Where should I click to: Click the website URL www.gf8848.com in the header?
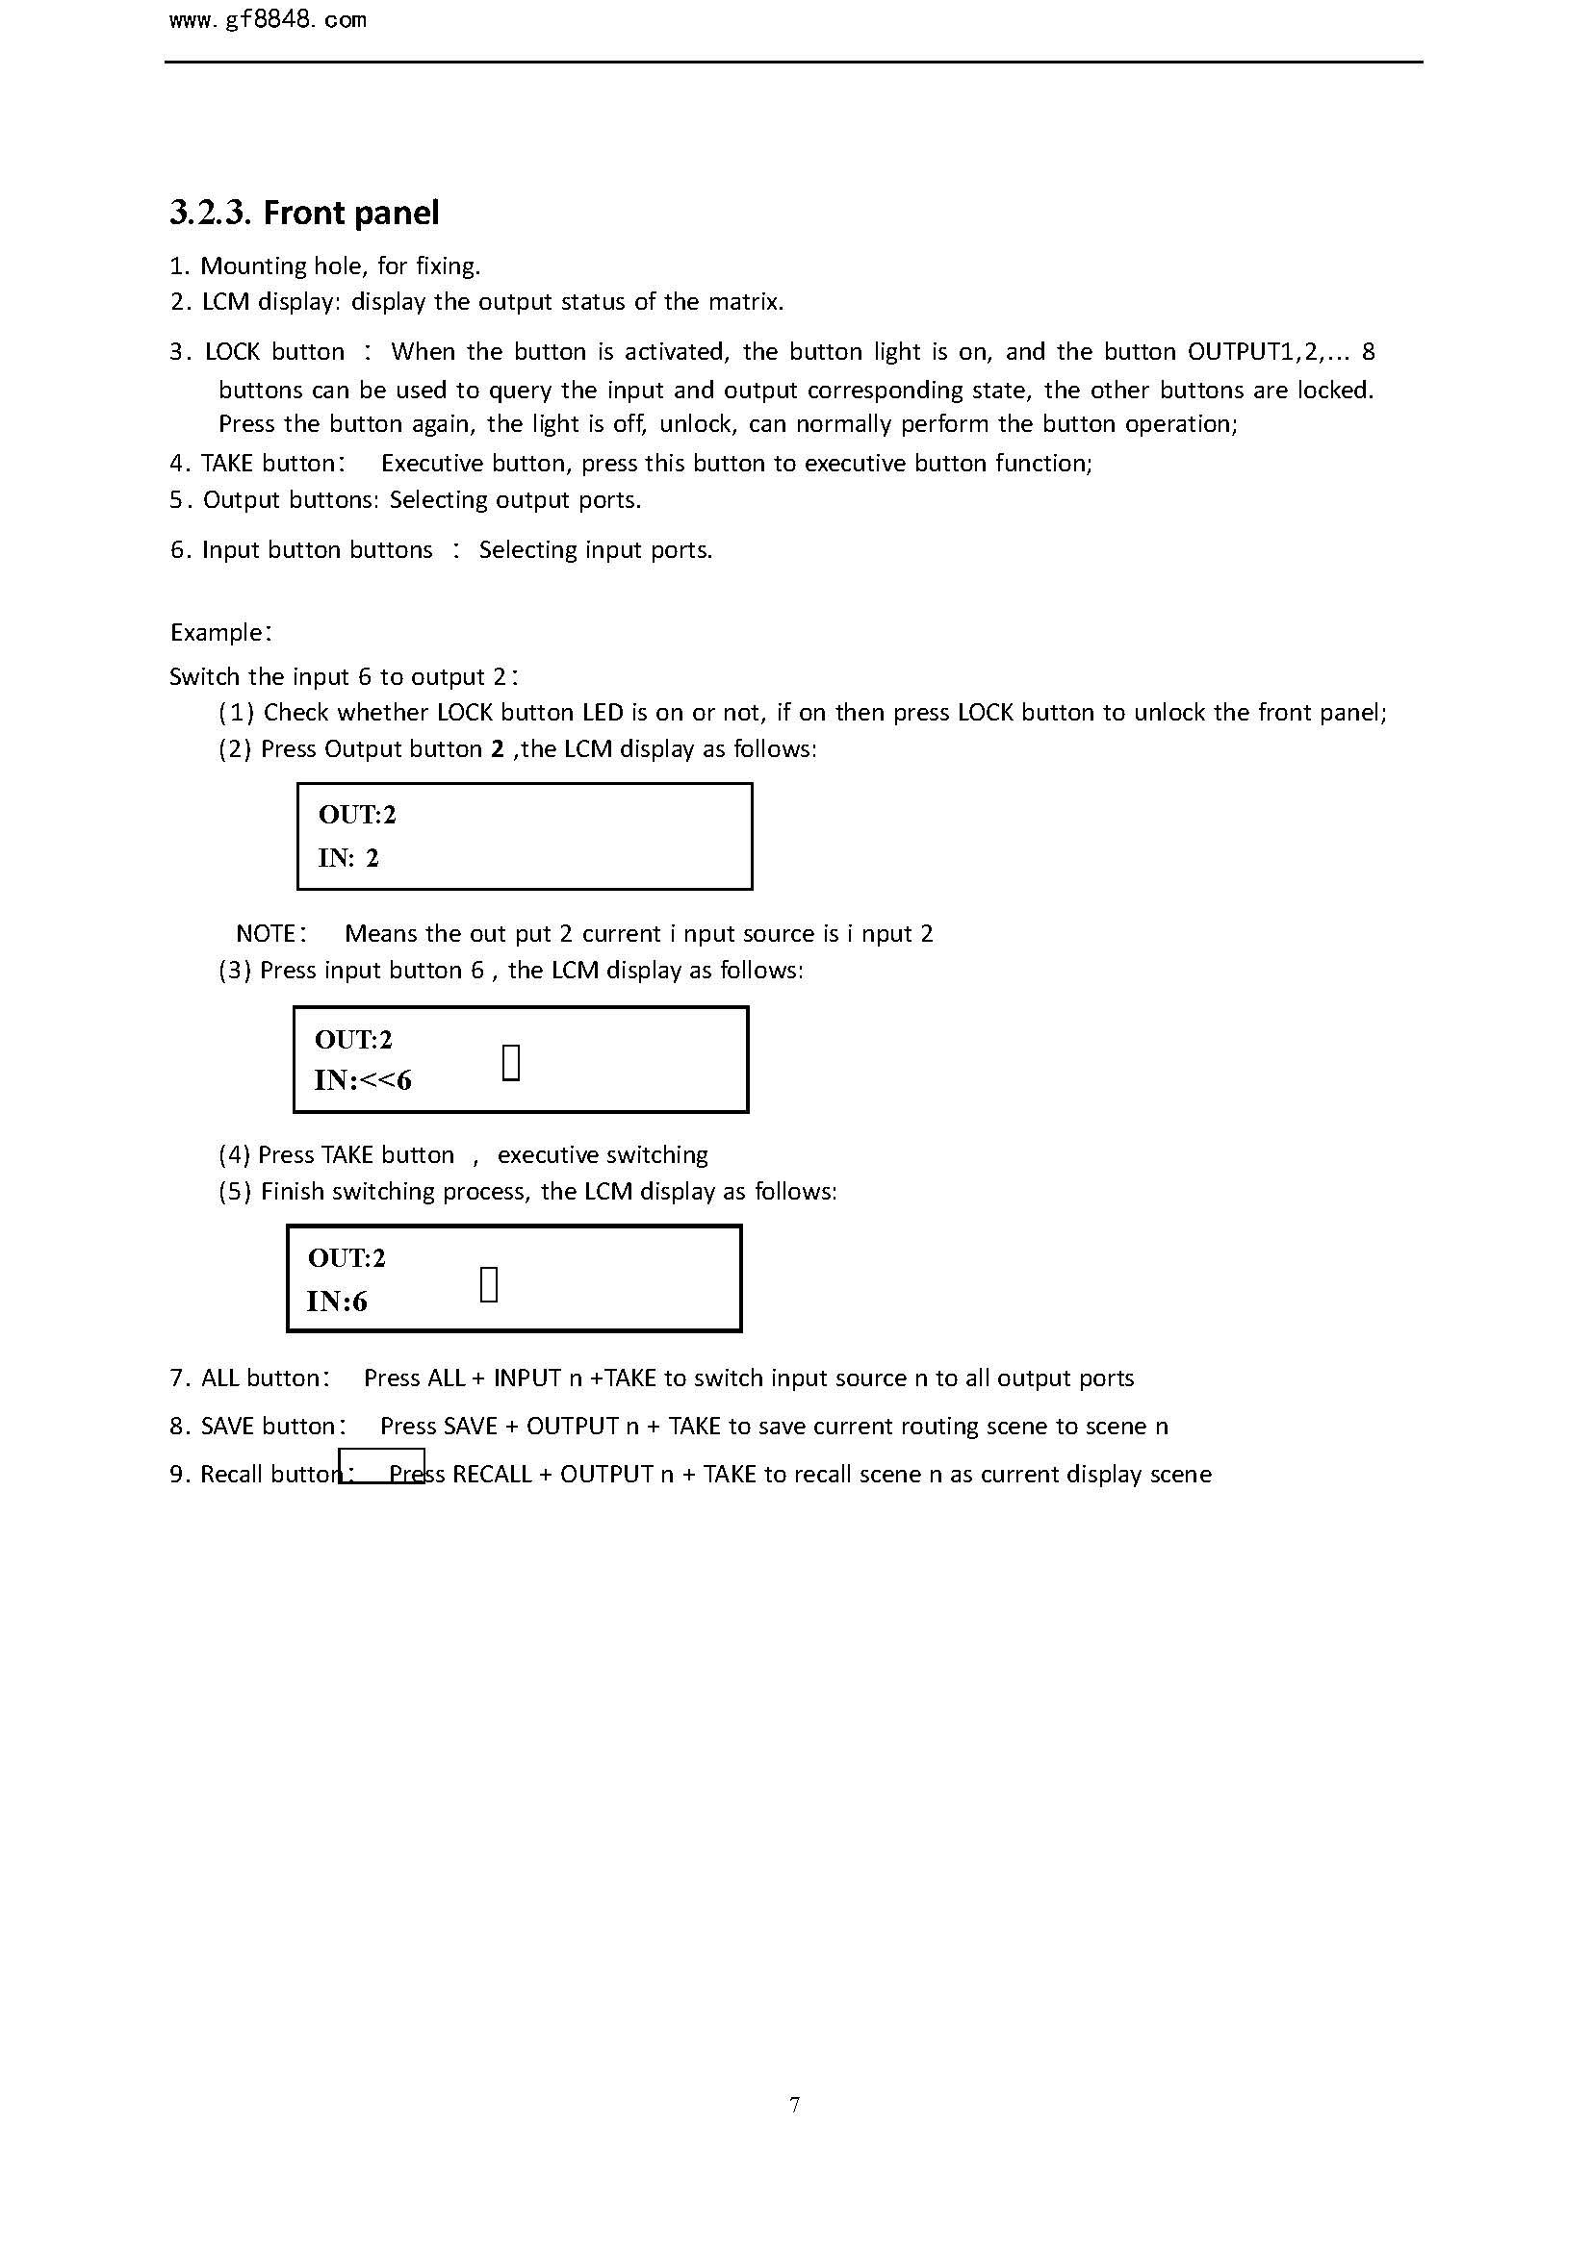click(x=268, y=20)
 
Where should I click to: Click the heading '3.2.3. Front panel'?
click(x=304, y=212)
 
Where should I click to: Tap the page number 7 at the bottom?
click(x=794, y=2104)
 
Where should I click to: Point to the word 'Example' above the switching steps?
click(x=216, y=633)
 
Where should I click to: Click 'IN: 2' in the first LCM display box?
click(x=348, y=858)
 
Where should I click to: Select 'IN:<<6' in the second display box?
click(x=363, y=1081)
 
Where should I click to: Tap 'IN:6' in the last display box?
click(x=337, y=1302)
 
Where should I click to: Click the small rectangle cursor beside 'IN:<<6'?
click(x=511, y=1062)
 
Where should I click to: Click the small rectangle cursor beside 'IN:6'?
click(x=489, y=1284)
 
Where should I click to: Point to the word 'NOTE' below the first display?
click(x=266, y=934)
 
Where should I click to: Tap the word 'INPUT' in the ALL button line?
click(x=526, y=1378)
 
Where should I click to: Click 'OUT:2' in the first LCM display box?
click(x=357, y=815)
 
